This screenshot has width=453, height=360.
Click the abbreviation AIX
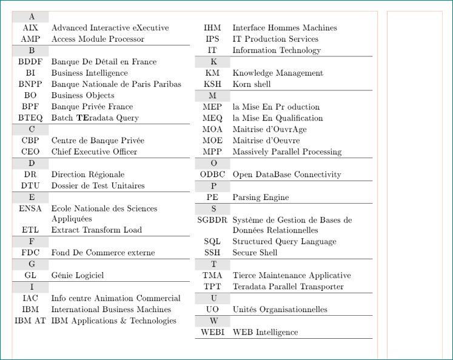point(30,28)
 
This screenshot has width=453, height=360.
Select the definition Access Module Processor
point(98,39)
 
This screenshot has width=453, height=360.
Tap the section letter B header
point(31,50)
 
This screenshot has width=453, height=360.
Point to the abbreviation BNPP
point(30,84)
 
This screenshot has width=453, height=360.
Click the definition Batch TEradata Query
point(95,118)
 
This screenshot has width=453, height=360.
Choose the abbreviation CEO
point(30,152)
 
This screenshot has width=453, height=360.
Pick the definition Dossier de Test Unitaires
point(98,186)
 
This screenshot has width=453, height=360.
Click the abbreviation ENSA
point(30,209)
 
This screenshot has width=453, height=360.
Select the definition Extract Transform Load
point(96,230)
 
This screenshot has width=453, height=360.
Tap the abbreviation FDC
point(30,253)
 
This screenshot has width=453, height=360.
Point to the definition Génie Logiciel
point(78,276)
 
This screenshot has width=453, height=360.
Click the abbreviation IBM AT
point(30,321)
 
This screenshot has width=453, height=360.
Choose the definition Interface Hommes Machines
point(284,28)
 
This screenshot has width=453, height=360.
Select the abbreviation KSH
point(212,84)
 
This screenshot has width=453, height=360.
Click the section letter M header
point(212,96)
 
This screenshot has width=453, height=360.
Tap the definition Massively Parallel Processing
point(287,152)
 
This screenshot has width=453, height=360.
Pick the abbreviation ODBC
point(212,175)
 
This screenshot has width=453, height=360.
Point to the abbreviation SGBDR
point(212,221)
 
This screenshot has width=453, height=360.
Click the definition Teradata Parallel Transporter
point(288,287)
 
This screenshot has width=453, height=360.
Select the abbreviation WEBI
point(212,332)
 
